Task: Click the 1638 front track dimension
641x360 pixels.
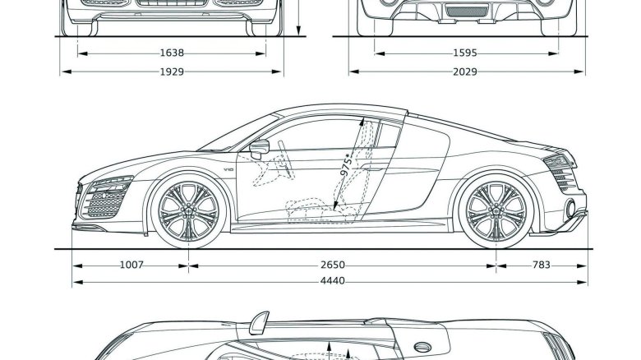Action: point(172,53)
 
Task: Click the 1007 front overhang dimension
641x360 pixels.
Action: point(131,265)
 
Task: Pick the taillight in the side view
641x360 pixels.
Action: point(560,161)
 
